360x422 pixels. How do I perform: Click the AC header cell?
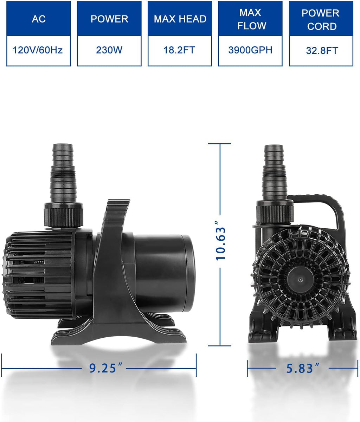(39, 19)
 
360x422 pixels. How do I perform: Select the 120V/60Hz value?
(38, 50)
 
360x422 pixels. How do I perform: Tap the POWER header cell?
(109, 19)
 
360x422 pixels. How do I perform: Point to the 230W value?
(109, 50)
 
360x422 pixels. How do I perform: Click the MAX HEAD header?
(180, 19)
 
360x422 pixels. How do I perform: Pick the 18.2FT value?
(180, 50)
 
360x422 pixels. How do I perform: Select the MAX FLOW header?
(250, 19)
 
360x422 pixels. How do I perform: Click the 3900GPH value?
(250, 50)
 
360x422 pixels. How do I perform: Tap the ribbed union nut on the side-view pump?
(63, 214)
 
